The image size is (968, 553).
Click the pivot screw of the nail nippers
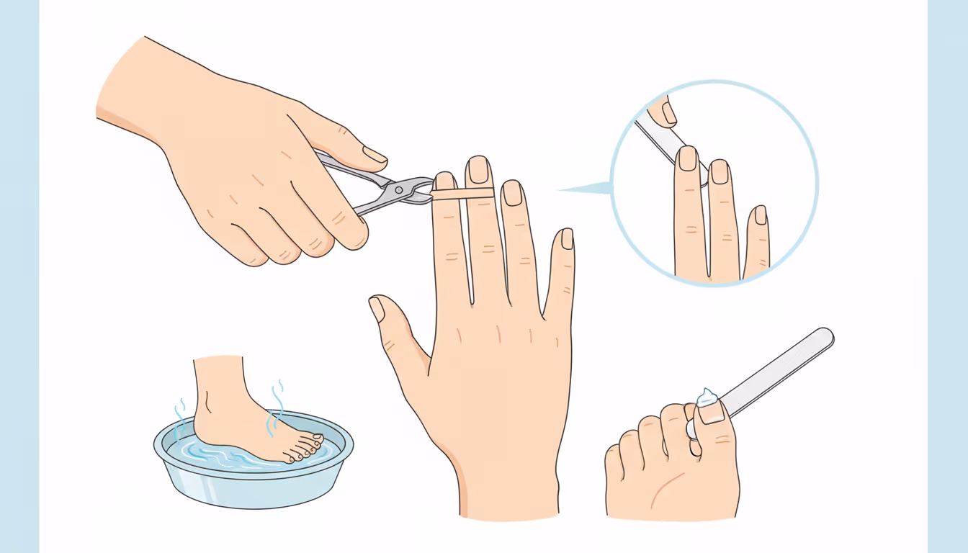point(399,189)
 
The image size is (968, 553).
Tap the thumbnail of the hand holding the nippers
point(375,154)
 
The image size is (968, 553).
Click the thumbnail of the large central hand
point(377,309)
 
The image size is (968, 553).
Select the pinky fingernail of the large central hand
point(567,239)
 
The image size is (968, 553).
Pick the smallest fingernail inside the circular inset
point(760,215)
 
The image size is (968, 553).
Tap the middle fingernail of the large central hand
point(478,170)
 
